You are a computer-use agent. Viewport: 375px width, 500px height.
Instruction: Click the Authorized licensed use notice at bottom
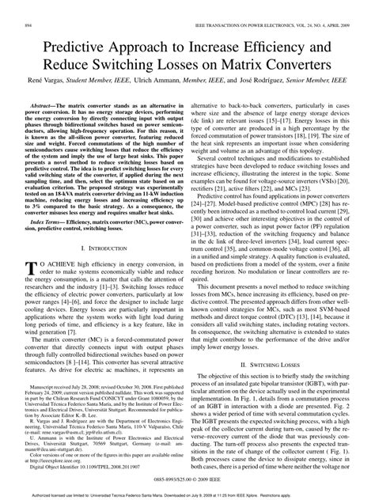(187, 494)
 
